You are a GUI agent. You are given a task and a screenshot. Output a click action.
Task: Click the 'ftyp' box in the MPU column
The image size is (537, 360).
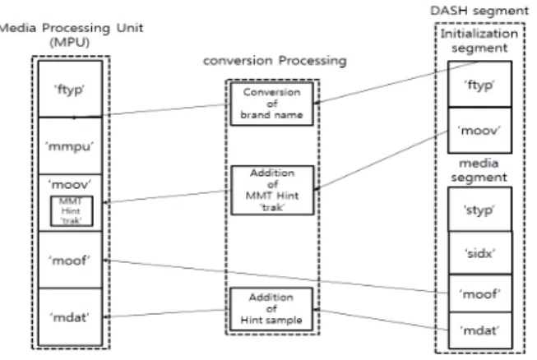pyautogui.click(x=70, y=89)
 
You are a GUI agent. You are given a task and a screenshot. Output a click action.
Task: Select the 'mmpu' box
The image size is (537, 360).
pyautogui.click(x=70, y=145)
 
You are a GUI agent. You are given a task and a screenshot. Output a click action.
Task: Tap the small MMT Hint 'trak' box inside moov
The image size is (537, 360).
pyautogui.click(x=72, y=210)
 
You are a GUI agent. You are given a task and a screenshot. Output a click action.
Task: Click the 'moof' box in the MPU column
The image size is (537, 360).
pyautogui.click(x=70, y=260)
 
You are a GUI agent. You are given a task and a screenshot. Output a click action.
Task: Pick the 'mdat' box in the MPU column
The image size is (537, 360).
pyautogui.click(x=70, y=317)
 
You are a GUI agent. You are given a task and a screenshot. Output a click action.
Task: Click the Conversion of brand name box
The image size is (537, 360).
pyautogui.click(x=272, y=104)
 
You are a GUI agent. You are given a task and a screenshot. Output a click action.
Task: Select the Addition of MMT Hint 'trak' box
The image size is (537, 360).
pyautogui.click(x=272, y=190)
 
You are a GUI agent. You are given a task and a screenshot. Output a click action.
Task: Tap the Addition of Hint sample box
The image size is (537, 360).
pyautogui.click(x=271, y=309)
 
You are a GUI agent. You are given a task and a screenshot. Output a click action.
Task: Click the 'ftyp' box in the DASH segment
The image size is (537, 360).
pyautogui.click(x=479, y=84)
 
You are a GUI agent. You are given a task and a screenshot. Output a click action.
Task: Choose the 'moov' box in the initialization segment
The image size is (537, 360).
pyautogui.click(x=479, y=131)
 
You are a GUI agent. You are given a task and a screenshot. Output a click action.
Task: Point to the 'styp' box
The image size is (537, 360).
pyautogui.click(x=479, y=209)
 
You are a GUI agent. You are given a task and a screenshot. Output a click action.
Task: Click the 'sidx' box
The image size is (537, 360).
pyautogui.click(x=480, y=253)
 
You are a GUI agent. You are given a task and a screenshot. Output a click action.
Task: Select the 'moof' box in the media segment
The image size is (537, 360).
pyautogui.click(x=480, y=293)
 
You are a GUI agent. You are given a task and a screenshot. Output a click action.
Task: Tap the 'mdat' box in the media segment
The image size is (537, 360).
pyautogui.click(x=480, y=330)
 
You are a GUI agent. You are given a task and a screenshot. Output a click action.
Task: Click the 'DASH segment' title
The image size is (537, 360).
pyautogui.click(x=479, y=11)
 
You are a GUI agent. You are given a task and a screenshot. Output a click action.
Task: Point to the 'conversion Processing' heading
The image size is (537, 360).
pyautogui.click(x=275, y=61)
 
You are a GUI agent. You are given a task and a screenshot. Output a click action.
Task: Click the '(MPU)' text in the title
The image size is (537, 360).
pyautogui.click(x=70, y=43)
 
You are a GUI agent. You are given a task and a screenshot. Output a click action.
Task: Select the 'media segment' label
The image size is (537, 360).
pyautogui.click(x=479, y=170)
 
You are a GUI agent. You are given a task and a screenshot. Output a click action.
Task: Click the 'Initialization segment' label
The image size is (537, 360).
pyautogui.click(x=479, y=41)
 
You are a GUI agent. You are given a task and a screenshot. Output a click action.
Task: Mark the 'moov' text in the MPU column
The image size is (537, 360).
pyautogui.click(x=70, y=184)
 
